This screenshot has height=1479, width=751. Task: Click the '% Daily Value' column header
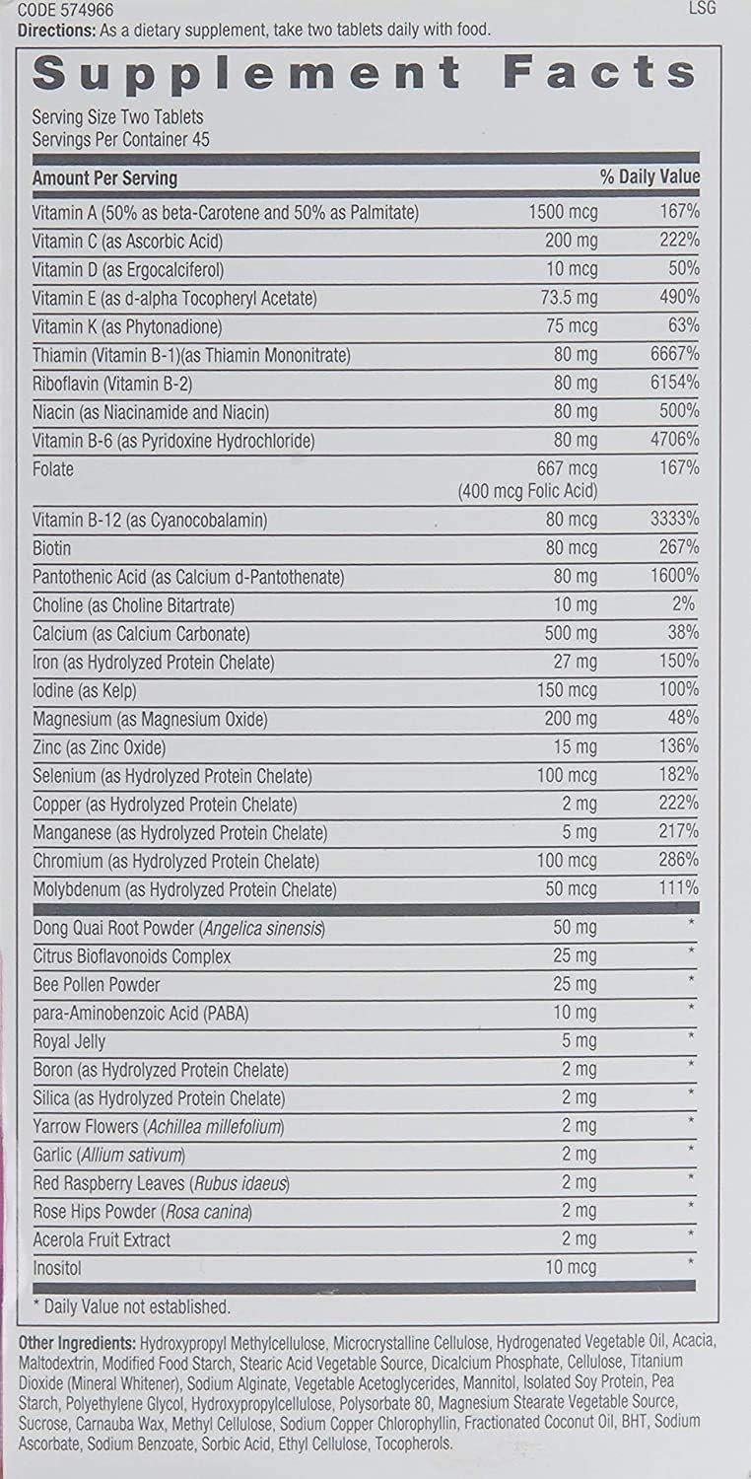tap(650, 177)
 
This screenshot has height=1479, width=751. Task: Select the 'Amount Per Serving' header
tap(104, 178)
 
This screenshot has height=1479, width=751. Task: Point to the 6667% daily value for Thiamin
tap(674, 354)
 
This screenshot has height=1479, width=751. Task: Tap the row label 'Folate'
tap(53, 468)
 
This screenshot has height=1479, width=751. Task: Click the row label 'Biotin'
tap(52, 547)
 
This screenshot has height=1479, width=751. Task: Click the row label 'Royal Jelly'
tap(69, 1041)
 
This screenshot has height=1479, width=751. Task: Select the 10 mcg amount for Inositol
tap(571, 1267)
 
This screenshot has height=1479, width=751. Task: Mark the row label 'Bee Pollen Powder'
tap(97, 984)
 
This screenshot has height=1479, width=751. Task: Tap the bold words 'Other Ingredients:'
tap(77, 1343)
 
